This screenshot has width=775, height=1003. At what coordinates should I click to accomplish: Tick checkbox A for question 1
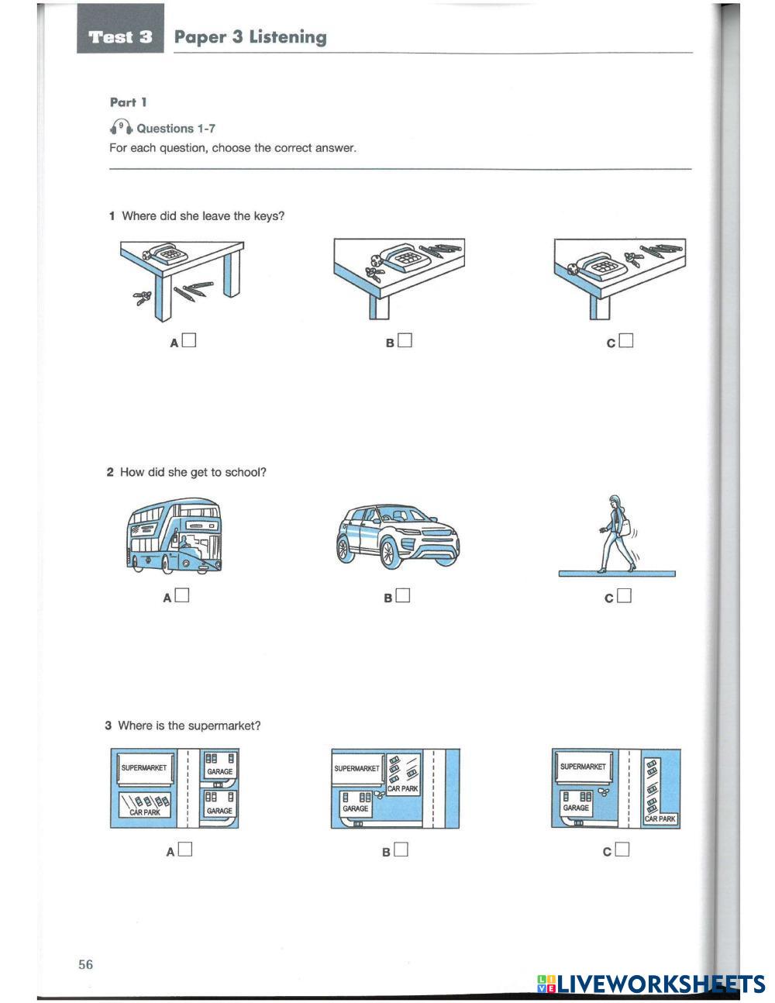click(189, 340)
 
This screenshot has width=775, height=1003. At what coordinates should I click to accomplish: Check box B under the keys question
click(405, 340)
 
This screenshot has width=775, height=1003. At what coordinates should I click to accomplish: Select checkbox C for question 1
click(626, 340)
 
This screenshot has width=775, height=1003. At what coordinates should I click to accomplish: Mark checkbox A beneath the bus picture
click(182, 595)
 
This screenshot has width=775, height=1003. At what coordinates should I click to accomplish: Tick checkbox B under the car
click(402, 595)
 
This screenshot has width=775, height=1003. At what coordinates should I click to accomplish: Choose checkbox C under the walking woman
click(625, 595)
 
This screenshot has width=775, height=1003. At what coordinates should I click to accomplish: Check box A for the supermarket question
click(184, 850)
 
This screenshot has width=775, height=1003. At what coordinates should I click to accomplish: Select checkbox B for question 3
click(401, 850)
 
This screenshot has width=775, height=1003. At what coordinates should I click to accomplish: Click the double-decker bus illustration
click(173, 536)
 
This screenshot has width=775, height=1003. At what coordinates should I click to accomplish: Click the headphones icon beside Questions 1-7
click(121, 127)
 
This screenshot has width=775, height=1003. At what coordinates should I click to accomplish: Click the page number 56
click(85, 963)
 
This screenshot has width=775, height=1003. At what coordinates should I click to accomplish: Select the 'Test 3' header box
click(120, 36)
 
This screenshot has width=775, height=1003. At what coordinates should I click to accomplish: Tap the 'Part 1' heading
click(128, 102)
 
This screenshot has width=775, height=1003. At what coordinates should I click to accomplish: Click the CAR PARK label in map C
click(660, 818)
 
